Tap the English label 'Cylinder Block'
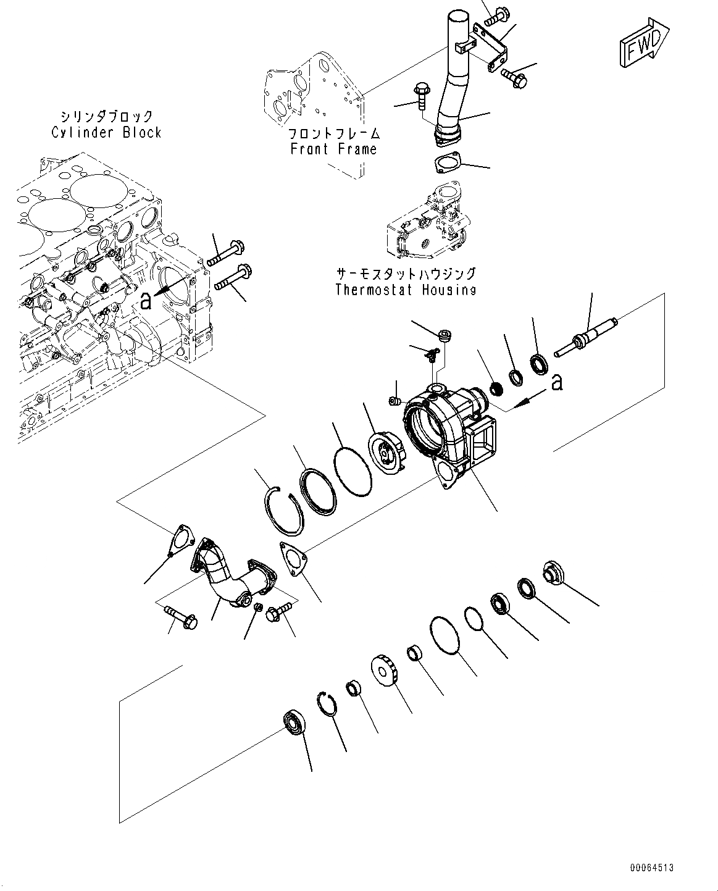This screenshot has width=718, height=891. pyautogui.click(x=106, y=132)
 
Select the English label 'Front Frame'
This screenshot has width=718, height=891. pyautogui.click(x=333, y=149)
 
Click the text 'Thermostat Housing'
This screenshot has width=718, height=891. pyautogui.click(x=406, y=290)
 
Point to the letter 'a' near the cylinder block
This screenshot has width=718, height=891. pyautogui.click(x=146, y=301)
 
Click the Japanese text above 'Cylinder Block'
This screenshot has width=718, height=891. pyautogui.click(x=106, y=116)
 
